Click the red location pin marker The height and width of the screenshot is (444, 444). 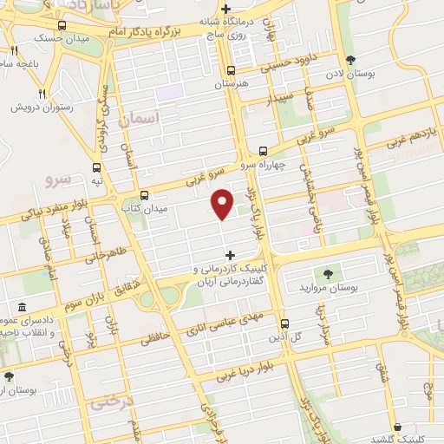[x=222, y=203]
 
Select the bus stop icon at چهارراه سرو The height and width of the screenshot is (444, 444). [x=263, y=150]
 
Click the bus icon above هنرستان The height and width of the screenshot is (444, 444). [x=231, y=71]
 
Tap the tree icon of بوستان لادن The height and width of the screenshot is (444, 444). [x=350, y=60]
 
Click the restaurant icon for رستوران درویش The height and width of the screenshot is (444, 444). [x=41, y=94]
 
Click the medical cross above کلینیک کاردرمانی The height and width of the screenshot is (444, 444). [x=230, y=255]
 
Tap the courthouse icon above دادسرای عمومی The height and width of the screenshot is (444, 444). [x=22, y=308]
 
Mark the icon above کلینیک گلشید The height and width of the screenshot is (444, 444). [x=397, y=427]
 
